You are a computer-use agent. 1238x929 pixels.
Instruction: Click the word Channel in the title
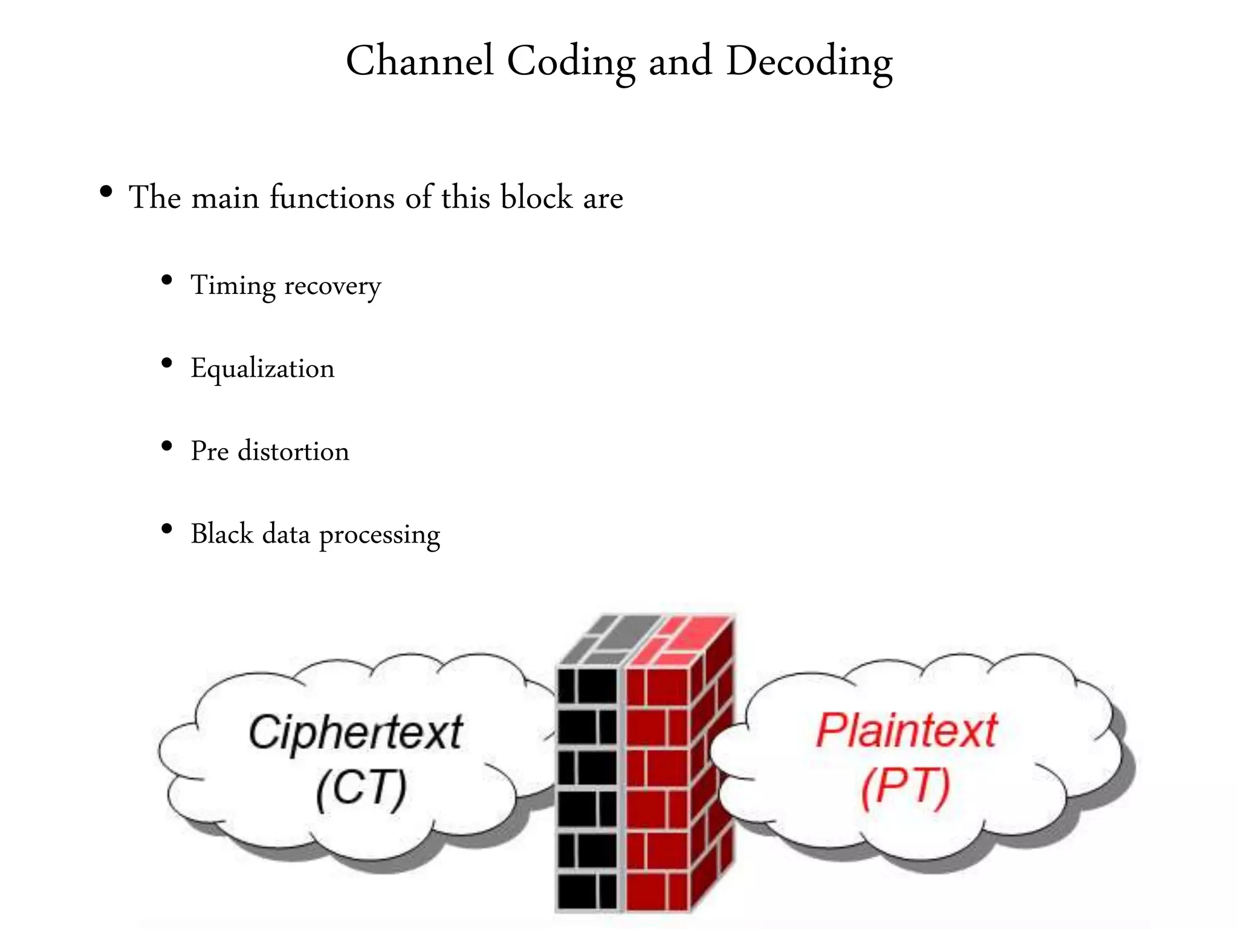[x=420, y=61]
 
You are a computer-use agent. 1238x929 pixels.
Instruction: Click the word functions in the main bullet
[x=332, y=197]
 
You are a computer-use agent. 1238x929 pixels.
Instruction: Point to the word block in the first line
[x=536, y=197]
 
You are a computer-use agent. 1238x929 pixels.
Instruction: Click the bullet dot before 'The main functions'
[x=106, y=193]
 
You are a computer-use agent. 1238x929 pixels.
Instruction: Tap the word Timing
[x=233, y=285]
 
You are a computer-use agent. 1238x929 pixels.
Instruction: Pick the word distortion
[x=294, y=451]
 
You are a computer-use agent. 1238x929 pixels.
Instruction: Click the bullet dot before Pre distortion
[x=167, y=447]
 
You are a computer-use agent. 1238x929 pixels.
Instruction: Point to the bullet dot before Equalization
[x=167, y=364]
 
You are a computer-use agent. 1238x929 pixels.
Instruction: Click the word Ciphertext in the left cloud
[x=355, y=733]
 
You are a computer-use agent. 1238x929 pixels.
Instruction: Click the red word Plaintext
[x=906, y=731]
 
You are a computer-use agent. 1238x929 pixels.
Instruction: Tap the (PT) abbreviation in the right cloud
[x=906, y=787]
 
